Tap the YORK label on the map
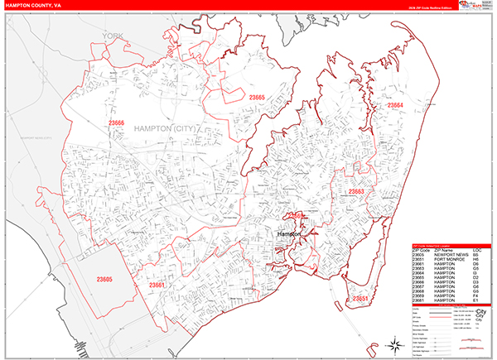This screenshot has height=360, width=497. [x=112, y=36]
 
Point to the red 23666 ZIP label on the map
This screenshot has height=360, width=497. [x=116, y=122]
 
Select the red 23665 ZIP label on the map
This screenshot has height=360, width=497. [x=256, y=98]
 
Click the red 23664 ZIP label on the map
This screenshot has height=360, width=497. [x=394, y=105]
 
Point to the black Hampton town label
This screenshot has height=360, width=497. [x=288, y=234]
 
